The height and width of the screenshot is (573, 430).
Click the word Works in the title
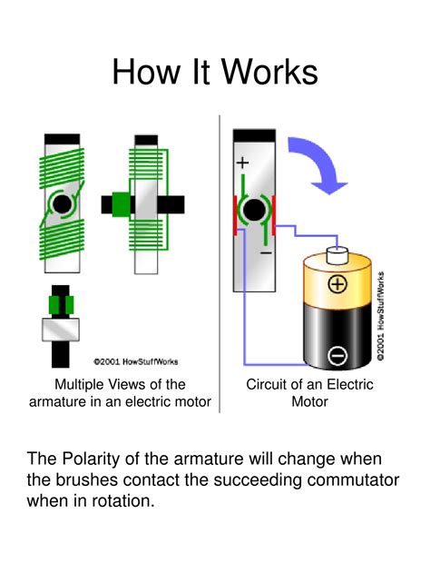point(267,71)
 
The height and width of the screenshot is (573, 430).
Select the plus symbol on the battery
point(337,284)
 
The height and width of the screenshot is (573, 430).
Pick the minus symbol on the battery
point(337,356)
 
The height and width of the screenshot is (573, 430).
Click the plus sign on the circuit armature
point(242,163)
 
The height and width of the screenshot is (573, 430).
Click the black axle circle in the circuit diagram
point(255,212)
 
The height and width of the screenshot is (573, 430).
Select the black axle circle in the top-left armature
point(61,204)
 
